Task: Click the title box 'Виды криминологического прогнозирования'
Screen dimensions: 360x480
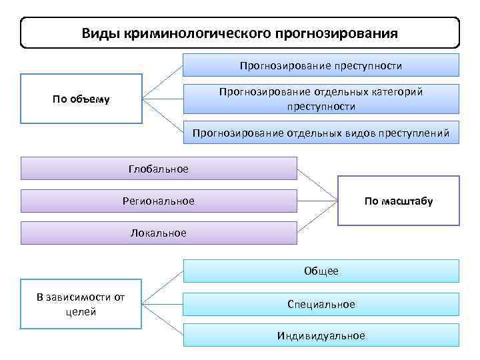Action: pos(240,33)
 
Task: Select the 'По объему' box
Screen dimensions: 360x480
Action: pos(81,99)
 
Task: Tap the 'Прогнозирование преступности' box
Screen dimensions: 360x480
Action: pos(321,65)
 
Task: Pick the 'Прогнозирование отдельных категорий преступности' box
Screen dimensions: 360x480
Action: pos(321,99)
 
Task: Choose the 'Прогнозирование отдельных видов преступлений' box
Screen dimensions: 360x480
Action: pos(321,133)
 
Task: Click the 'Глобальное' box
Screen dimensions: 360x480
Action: pos(159,169)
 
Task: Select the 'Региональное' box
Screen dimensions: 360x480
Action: pos(159,201)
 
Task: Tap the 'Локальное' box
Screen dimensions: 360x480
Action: pos(159,233)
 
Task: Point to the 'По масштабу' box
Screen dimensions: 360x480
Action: pos(399,201)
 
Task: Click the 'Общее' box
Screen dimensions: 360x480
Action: pos(321,271)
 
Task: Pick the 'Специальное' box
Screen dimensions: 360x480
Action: pos(321,304)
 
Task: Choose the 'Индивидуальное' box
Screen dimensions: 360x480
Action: pos(321,335)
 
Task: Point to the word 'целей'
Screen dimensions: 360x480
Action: pos(81,311)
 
